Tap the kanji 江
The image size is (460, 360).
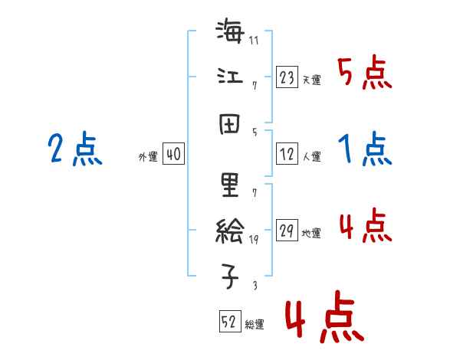coord(230,77)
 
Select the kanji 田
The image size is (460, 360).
coord(230,123)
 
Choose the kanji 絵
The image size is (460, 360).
coord(231,231)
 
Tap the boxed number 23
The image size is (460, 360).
coord(286,77)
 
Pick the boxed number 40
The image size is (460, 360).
coord(172,155)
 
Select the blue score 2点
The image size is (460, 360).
coord(74,149)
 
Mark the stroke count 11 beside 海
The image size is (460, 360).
coord(254,40)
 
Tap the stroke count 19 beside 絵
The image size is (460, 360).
coord(255,240)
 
